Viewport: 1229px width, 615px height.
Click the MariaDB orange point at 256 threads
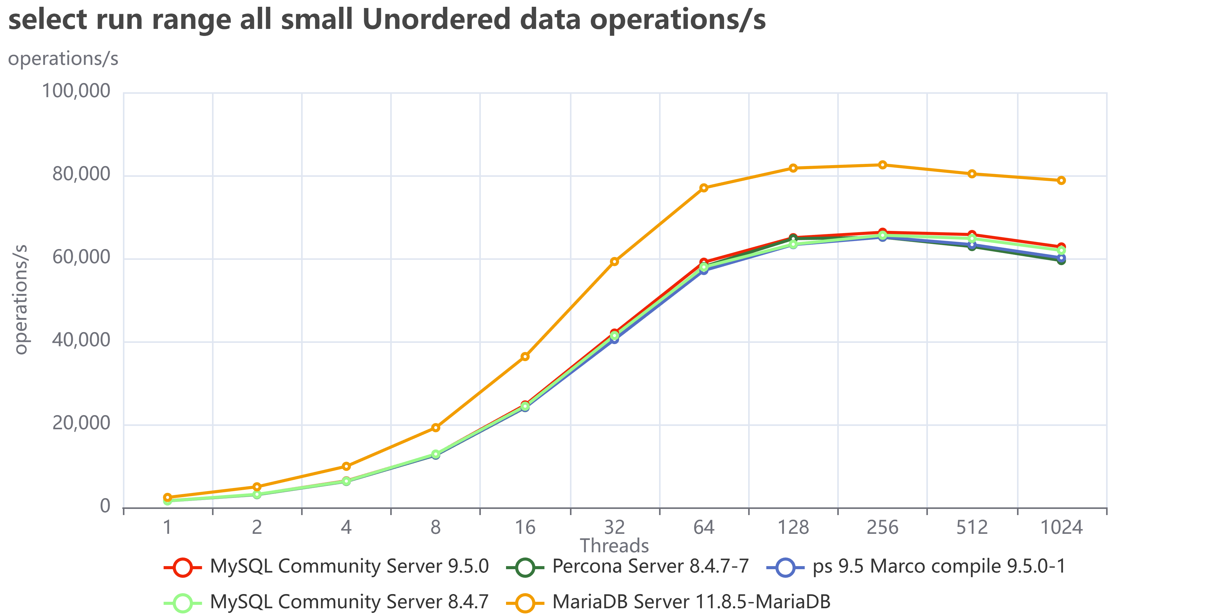882,165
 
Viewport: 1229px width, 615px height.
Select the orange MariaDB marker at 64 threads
704,188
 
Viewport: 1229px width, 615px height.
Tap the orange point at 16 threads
525,357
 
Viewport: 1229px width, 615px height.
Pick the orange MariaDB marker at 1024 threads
1061,180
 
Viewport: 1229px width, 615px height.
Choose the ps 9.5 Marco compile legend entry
916,566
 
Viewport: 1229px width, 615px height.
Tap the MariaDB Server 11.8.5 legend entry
668,602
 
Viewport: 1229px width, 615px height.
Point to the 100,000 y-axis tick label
76,91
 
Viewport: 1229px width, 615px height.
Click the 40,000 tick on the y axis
81,340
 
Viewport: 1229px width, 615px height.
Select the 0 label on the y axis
105,506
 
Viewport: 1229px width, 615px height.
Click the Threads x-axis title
614,545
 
